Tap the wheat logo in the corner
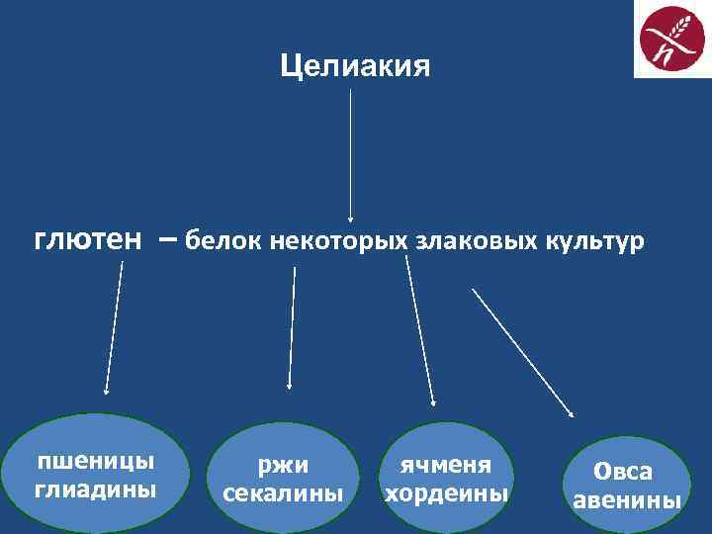pyautogui.click(x=671, y=41)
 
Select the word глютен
pyautogui.click(x=88, y=239)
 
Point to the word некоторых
pyautogui.click(x=339, y=240)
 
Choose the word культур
pyautogui.click(x=593, y=240)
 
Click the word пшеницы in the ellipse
pyautogui.click(x=95, y=462)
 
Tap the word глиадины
pyautogui.click(x=95, y=488)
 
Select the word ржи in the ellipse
pyautogui.click(x=284, y=466)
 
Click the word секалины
pyautogui.click(x=284, y=491)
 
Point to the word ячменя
pyautogui.click(x=445, y=466)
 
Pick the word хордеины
pyautogui.click(x=445, y=491)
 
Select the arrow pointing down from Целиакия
pyautogui.click(x=351, y=153)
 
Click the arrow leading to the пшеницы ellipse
pyautogui.click(x=113, y=326)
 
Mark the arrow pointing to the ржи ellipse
pyautogui.click(x=292, y=326)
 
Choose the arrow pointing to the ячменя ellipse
pyautogui.click(x=420, y=326)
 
